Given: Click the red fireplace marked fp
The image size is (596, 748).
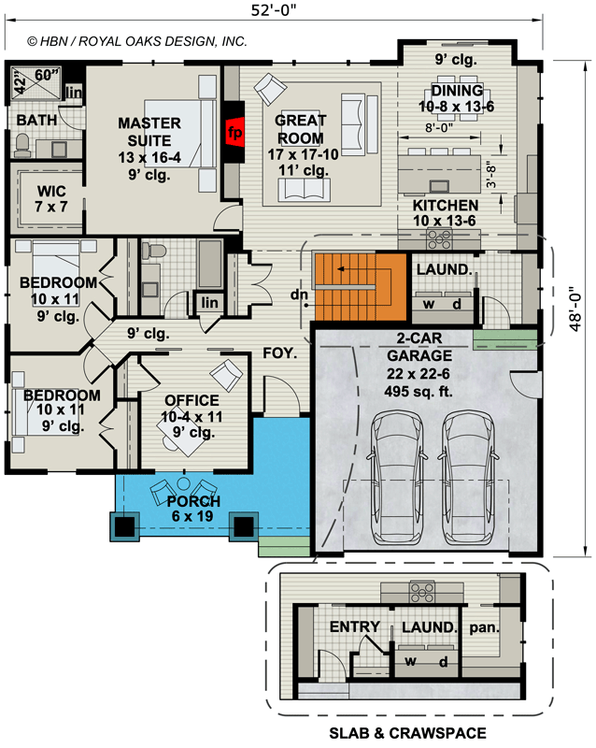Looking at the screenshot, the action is point(235,133).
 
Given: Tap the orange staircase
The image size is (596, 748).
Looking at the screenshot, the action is point(360,287).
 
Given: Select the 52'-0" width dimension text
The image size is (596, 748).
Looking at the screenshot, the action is point(274,9).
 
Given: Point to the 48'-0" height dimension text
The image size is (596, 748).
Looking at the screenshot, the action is point(575,309).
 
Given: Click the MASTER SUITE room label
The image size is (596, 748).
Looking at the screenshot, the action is point(149,132).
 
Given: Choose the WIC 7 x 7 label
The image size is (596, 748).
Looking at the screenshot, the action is point(51,198).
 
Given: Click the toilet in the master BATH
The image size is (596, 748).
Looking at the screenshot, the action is point(22,145).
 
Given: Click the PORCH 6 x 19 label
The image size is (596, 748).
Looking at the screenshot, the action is point(193,509).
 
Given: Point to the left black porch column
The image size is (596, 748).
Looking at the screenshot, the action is point(124,526).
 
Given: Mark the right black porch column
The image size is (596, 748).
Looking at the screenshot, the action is point(244,526).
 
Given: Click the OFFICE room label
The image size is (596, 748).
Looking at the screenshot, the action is point(192,400).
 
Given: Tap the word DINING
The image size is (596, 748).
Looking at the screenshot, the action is point(457,90).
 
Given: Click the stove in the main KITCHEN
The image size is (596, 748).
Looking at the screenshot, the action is point(440,238).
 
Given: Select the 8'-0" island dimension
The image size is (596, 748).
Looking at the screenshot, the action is point(439,127).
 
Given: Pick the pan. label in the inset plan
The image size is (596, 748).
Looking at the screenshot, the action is point(484,626).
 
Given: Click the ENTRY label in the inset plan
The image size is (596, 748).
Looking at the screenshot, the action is point(355,626).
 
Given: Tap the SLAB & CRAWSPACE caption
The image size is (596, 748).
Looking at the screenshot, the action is point(407,733).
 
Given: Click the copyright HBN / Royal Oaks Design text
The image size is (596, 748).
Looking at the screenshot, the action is point(137,41).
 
